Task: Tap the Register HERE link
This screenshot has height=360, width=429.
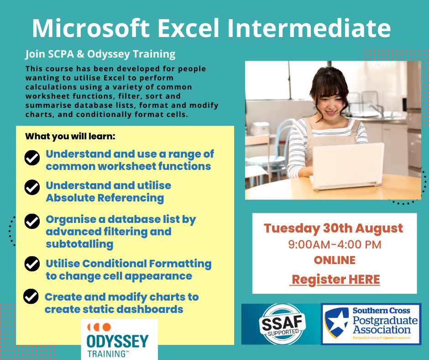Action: pos(335,280)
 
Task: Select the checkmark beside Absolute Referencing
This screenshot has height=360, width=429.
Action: pos(32,187)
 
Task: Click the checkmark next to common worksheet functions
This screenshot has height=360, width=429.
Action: pos(32,158)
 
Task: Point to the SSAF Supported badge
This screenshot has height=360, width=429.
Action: pos(283,324)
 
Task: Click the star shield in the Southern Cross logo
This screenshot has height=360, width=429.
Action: pos(336,322)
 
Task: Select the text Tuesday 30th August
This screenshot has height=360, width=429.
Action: pos(333,228)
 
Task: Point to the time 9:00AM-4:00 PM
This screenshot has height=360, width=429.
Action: pos(335,245)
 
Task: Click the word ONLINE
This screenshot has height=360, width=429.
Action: pos(335,260)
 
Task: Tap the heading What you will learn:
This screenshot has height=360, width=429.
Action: pos(70,137)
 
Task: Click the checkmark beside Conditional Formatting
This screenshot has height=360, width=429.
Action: pos(32,264)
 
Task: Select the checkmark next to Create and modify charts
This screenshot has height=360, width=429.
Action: pos(31,296)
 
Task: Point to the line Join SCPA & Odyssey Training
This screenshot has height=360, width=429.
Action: pos(100,54)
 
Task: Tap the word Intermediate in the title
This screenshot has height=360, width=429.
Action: pos(309,28)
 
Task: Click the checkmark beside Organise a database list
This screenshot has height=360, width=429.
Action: pos(32,221)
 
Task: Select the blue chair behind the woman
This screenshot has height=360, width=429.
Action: pos(273,154)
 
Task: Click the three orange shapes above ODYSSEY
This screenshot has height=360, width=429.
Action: pos(99,327)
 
